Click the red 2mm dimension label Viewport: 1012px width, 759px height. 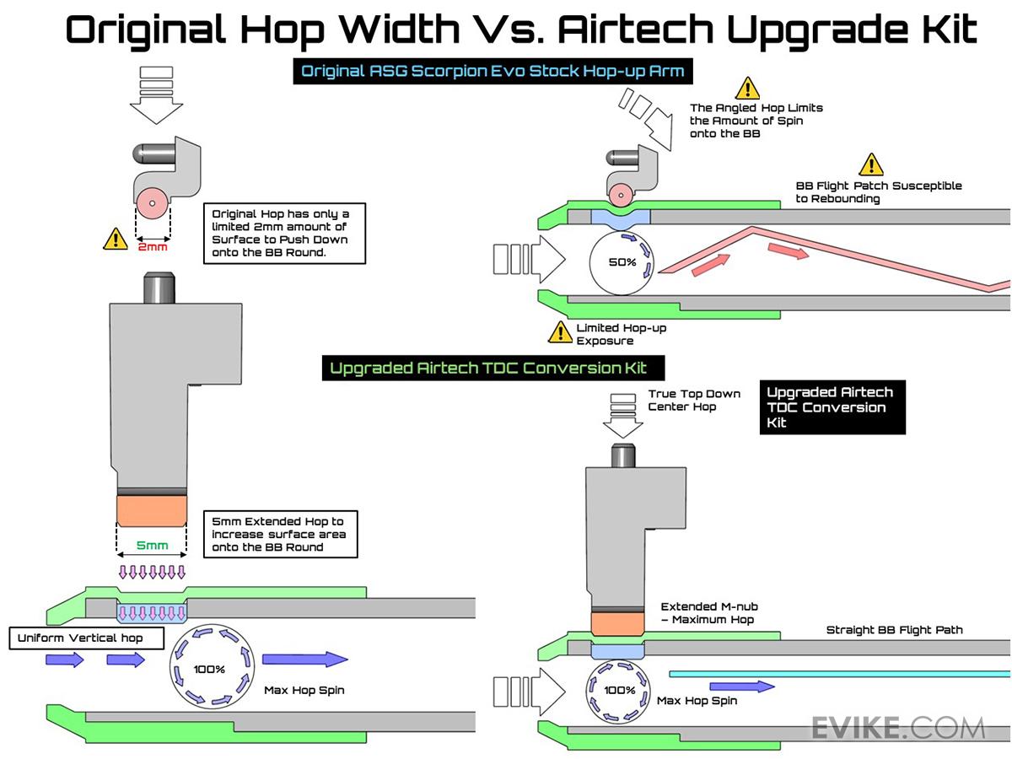153,247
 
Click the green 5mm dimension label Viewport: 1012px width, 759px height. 153,546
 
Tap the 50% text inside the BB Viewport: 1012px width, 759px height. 622,262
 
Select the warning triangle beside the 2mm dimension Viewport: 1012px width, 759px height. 116,239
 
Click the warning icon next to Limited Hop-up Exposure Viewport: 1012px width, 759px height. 560,332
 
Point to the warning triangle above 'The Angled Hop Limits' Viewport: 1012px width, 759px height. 746,88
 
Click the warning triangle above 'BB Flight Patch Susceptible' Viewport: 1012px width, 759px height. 870,164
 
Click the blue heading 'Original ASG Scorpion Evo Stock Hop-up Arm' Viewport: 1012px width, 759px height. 493,72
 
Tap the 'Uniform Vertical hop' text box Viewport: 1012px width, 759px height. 80,638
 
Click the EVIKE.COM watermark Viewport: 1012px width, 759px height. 898,727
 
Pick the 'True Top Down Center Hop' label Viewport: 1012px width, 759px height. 694,401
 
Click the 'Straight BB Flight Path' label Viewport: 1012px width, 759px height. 894,630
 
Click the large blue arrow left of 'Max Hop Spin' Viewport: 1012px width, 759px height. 304,659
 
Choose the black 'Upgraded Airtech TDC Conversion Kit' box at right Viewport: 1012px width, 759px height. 832,407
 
